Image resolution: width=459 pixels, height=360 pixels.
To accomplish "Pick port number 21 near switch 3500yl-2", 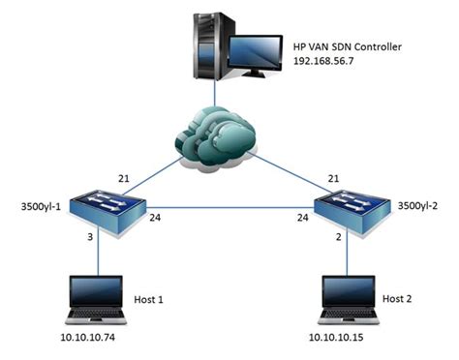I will click(333, 178).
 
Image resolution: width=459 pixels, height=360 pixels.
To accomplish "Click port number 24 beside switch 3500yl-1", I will click(156, 219).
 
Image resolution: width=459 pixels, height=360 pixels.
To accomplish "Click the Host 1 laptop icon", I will click(97, 301).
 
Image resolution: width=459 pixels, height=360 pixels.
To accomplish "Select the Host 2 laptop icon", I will click(349, 301).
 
